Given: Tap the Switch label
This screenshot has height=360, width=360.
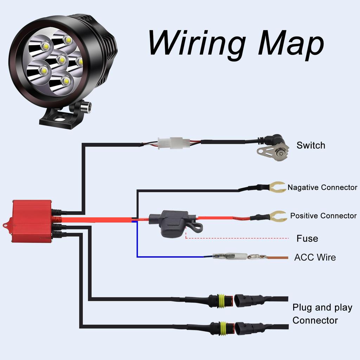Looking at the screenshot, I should coord(311,145).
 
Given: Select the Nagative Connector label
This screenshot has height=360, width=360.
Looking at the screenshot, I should coord(322,187).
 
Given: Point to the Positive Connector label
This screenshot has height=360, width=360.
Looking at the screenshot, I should coord(323,216).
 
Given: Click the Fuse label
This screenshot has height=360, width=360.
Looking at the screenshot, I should coord(307,238).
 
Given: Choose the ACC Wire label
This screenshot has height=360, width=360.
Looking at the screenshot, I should coord(315,257).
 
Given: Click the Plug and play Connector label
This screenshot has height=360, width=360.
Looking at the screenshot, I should coord(322,314).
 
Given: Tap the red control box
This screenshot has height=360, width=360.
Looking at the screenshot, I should coord(32,221).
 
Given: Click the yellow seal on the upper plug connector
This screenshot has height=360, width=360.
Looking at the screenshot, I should coord(222,301).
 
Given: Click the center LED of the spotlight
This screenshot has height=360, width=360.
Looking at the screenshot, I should coord(62,59).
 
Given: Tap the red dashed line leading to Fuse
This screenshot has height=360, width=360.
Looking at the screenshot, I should coord(239,238).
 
